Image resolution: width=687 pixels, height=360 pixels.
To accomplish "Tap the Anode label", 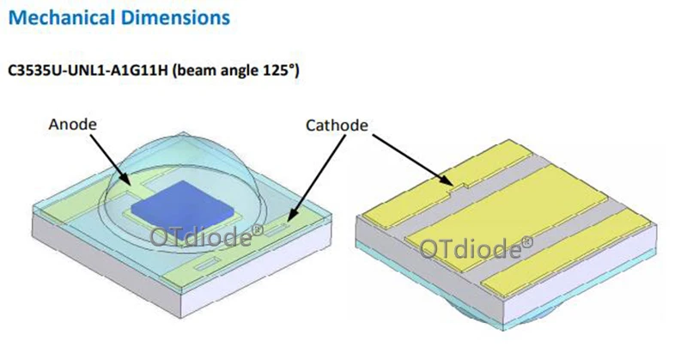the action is pos(72,125).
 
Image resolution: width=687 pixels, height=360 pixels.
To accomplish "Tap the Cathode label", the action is pos(337,125).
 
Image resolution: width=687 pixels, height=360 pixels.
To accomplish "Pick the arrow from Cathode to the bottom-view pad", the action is pos(412,159).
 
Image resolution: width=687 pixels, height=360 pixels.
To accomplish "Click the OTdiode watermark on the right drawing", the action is pos(476,248).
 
